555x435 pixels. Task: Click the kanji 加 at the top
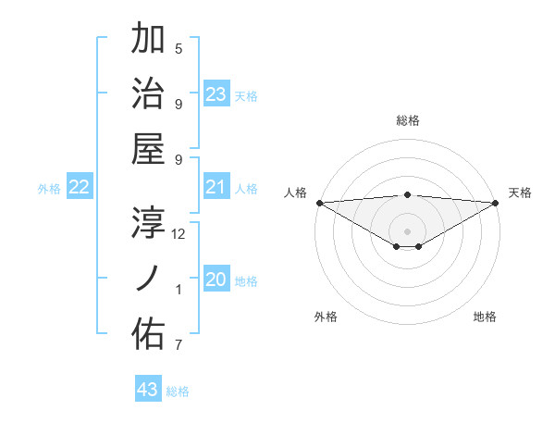click(x=148, y=39)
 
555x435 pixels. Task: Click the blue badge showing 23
click(x=216, y=94)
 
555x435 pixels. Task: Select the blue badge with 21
click(x=216, y=188)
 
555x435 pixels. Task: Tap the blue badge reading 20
click(x=216, y=280)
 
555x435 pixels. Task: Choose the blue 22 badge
click(x=79, y=188)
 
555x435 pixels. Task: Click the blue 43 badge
click(x=148, y=390)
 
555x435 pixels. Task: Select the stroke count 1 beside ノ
click(x=179, y=290)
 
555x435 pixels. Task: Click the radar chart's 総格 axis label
click(x=407, y=120)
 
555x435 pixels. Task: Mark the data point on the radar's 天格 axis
click(x=496, y=203)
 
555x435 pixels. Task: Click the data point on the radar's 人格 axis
click(x=319, y=203)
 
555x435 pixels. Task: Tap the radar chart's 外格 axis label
click(x=326, y=317)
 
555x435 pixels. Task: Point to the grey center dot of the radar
click(x=407, y=230)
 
